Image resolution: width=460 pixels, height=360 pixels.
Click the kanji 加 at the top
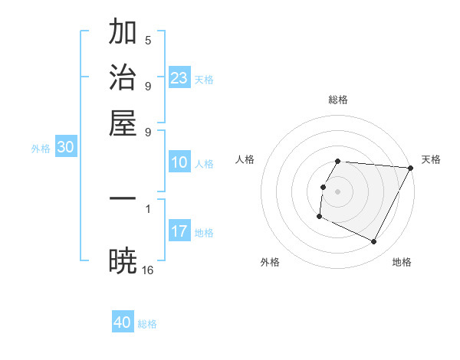[123, 33]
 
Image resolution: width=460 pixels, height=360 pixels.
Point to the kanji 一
[123, 198]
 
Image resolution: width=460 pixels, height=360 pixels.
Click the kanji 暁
[123, 261]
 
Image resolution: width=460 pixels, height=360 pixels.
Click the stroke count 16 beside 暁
[148, 270]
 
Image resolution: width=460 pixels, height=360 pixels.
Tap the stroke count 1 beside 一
[148, 208]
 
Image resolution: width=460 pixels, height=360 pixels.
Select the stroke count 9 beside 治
[148, 85]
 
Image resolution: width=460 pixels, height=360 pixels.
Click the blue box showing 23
[179, 78]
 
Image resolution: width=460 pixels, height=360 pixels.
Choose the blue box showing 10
[179, 162]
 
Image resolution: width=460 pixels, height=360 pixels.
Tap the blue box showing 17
[179, 231]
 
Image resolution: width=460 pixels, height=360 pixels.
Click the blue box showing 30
[66, 148]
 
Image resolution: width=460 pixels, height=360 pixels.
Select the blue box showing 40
[123, 322]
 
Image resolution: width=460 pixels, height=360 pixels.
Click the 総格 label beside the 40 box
[147, 324]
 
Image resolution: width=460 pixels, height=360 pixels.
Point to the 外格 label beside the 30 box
[41, 149]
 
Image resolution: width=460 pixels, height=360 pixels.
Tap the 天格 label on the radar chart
[431, 159]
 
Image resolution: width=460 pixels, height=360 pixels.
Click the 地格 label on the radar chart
[402, 262]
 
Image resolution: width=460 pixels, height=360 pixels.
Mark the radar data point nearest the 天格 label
[410, 168]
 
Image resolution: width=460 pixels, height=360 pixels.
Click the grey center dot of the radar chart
[338, 191]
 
